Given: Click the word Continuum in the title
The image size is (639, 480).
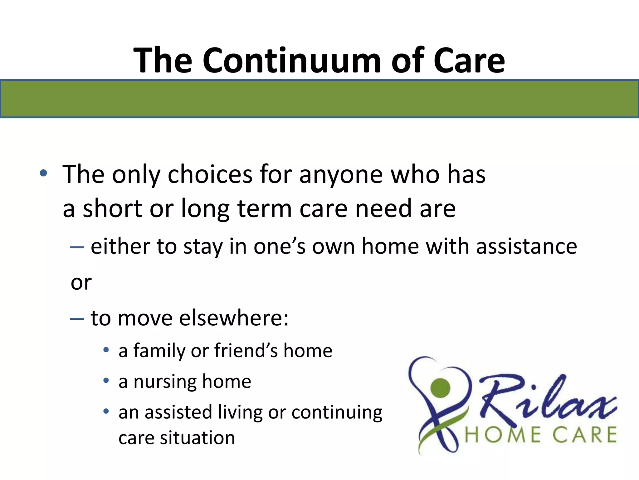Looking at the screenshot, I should coord(291,60).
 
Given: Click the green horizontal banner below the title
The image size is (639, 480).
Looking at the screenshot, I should coord(319,99).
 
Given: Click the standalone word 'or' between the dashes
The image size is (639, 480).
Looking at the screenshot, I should coord(81,283).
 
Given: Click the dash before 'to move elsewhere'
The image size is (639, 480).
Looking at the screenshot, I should coord(77,319).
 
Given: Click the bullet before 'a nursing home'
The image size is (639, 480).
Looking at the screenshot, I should coord(106,381).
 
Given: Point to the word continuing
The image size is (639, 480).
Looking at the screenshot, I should coord(337,412).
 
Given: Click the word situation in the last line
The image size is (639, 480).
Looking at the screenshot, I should coord(197,438).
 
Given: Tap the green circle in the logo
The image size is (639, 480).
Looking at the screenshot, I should coord(440,387).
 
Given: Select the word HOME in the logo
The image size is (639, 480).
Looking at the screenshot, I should coord(502,435).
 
